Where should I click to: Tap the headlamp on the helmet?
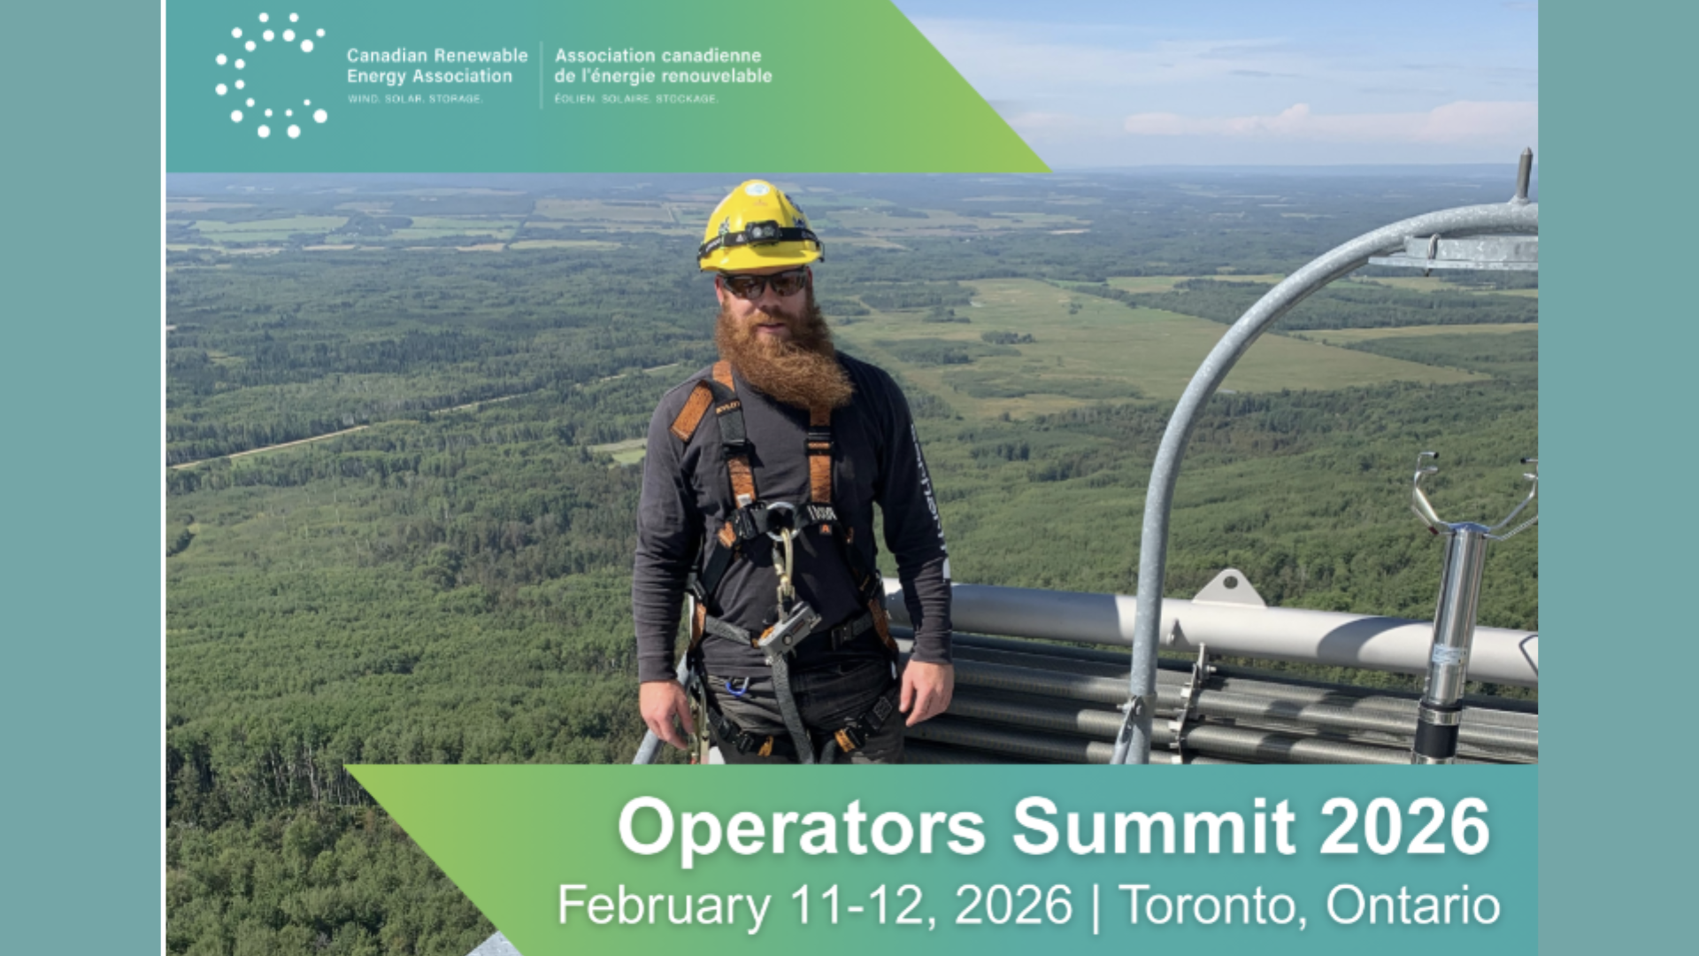click(x=758, y=234)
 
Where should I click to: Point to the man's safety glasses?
click(x=765, y=284)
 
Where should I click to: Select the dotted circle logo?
click(x=271, y=75)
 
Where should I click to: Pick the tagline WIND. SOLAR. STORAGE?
click(x=415, y=98)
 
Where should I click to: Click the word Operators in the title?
click(x=802, y=827)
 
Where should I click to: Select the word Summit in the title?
click(x=1153, y=826)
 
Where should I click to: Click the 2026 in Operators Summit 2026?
click(x=1405, y=826)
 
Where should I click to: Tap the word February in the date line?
click(x=665, y=906)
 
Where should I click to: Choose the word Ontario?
click(x=1413, y=905)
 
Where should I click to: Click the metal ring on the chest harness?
click(x=780, y=520)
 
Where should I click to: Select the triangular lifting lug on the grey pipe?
click(x=1227, y=587)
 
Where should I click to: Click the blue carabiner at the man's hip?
click(x=736, y=686)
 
